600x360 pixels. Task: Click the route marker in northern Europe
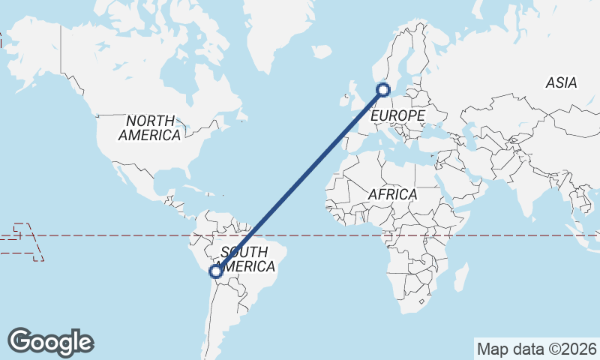coord(383,90)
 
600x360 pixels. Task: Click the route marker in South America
coord(216,271)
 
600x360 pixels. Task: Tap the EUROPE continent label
coord(397,115)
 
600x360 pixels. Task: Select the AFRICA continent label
coord(392,194)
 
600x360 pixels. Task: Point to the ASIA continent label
coord(561,83)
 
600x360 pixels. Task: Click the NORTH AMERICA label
coord(150,128)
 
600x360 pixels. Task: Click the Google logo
coord(50,342)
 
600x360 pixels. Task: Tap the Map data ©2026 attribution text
coord(536,349)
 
